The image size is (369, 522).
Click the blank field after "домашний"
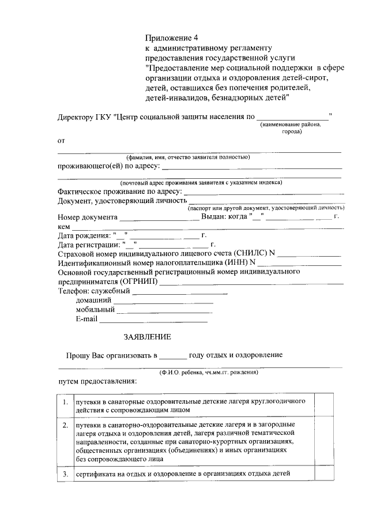163,300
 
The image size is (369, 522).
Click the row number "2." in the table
66,425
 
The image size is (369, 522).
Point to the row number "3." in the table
66,474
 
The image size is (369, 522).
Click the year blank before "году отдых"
173,356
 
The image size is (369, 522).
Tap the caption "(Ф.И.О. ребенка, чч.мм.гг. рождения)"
209,372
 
